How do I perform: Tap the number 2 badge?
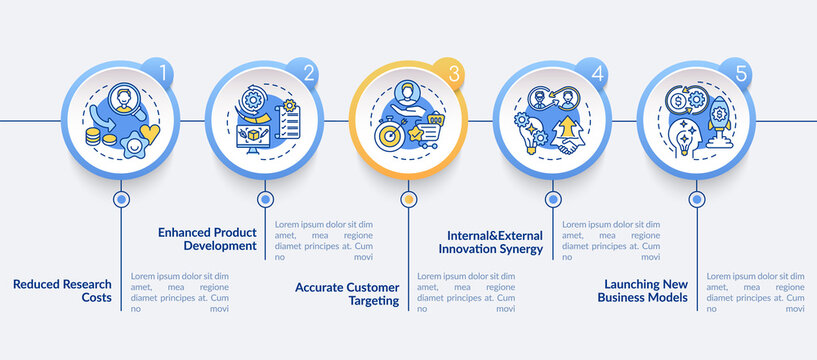(307, 73)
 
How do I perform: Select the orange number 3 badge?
(452, 73)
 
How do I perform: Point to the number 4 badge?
(597, 73)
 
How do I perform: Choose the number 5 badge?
(741, 73)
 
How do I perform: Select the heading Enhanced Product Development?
(208, 239)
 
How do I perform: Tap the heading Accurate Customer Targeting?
(347, 293)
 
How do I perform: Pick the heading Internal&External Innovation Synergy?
(494, 242)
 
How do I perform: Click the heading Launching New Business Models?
(642, 290)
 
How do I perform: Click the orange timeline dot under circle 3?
(408, 199)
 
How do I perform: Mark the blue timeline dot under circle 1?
(121, 199)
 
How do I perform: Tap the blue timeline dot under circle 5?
(696, 199)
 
